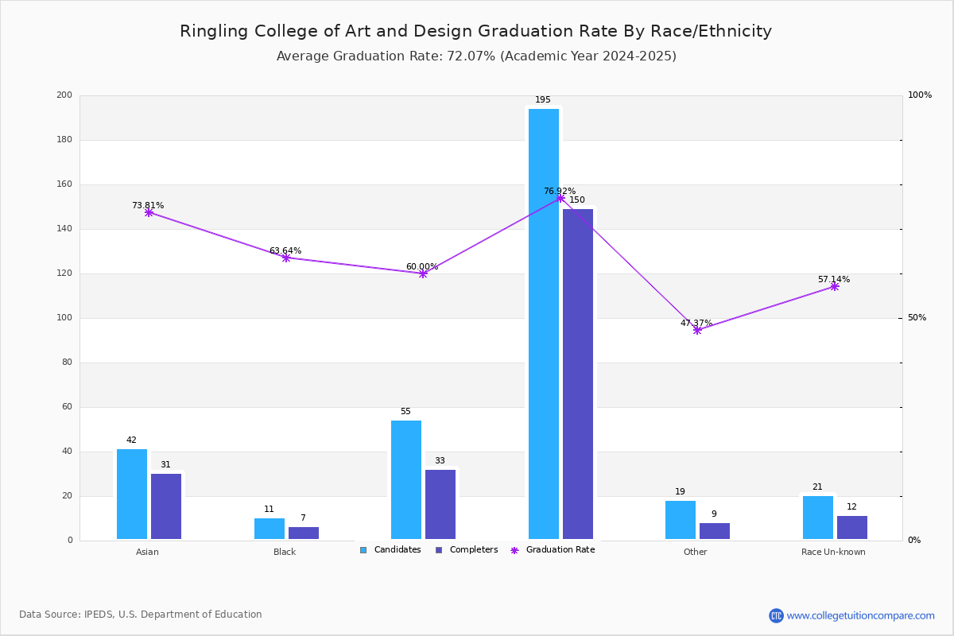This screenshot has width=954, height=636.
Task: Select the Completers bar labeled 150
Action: [x=578, y=374]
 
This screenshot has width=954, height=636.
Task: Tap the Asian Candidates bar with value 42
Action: [x=132, y=494]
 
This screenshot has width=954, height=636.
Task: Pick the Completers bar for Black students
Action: [x=304, y=533]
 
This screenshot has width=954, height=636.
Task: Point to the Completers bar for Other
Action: [x=715, y=531]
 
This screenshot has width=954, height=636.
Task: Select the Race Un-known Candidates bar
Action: [x=818, y=518]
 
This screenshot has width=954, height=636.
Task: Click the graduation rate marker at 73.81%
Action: [x=149, y=212]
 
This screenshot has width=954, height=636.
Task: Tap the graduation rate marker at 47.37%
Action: [x=697, y=330]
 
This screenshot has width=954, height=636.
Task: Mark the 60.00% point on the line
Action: [x=423, y=273]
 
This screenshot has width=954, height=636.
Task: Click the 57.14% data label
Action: [x=833, y=280]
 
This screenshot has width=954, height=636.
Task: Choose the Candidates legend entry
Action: [x=390, y=550]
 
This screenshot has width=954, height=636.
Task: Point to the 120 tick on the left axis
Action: [x=64, y=273]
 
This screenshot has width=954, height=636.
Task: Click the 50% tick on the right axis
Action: [x=917, y=318]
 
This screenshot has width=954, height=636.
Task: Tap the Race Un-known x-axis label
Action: [x=833, y=552]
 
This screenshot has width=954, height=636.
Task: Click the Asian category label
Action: [x=147, y=552]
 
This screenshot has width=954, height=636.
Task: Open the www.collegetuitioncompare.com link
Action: [x=860, y=615]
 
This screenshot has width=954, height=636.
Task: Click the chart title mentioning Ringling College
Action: [x=475, y=31]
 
